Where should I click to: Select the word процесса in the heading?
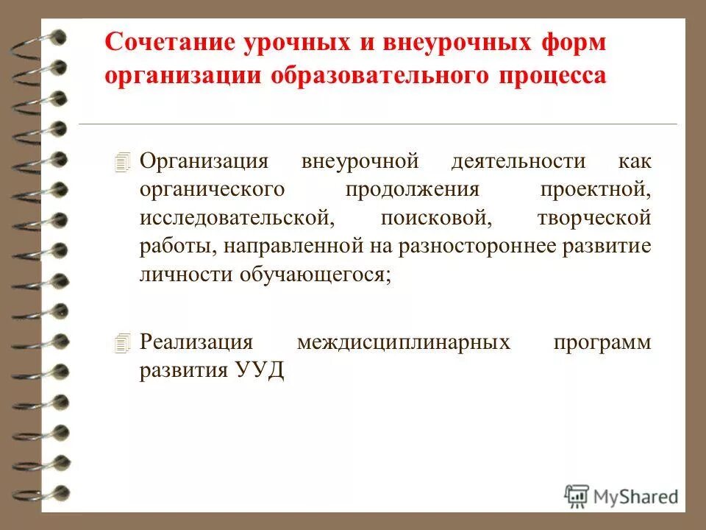557,77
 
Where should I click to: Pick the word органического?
213,189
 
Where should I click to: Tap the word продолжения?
413,189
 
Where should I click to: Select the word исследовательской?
233,218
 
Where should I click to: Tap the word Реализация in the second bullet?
197,343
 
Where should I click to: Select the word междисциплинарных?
404,343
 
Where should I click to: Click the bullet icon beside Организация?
123,160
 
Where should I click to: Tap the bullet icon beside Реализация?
123,342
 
